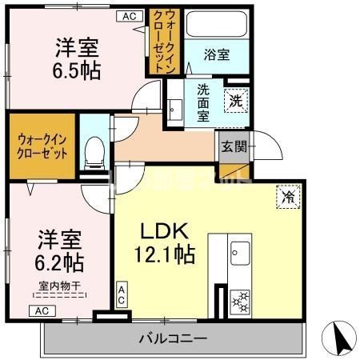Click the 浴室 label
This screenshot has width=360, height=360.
(217, 56)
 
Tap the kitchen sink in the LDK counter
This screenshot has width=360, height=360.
(238, 255)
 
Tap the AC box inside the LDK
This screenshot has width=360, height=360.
(122, 294)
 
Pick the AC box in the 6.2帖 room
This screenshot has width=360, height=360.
(42, 310)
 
